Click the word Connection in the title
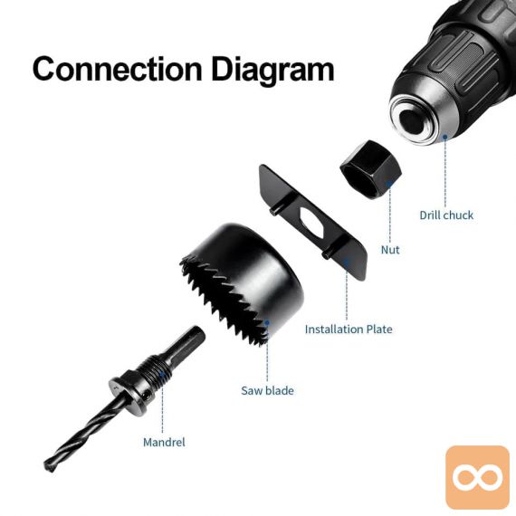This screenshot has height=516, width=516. pyautogui.click(x=117, y=69)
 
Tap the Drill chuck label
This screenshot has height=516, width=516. pyautogui.click(x=446, y=215)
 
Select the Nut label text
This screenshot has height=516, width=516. pyautogui.click(x=390, y=250)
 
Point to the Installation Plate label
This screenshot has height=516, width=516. pyautogui.click(x=349, y=330)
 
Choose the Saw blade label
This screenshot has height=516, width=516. pyautogui.click(x=267, y=390)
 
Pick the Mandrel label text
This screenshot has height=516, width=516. pyautogui.click(x=164, y=442)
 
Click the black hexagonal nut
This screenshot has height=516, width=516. pyautogui.click(x=371, y=169)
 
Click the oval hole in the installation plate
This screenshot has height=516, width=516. pyautogui.click(x=312, y=224)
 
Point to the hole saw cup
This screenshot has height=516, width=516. pyautogui.click(x=242, y=284)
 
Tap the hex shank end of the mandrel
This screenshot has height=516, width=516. pyautogui.click(x=186, y=341)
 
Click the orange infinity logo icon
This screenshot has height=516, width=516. pyautogui.click(x=477, y=477)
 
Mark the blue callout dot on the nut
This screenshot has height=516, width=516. pyautogui.click(x=389, y=183)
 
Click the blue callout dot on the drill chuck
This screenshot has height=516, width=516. pyautogui.click(x=444, y=137)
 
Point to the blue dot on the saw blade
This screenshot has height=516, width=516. pyautogui.click(x=267, y=323)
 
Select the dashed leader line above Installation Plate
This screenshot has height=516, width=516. pyautogui.click(x=347, y=292)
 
